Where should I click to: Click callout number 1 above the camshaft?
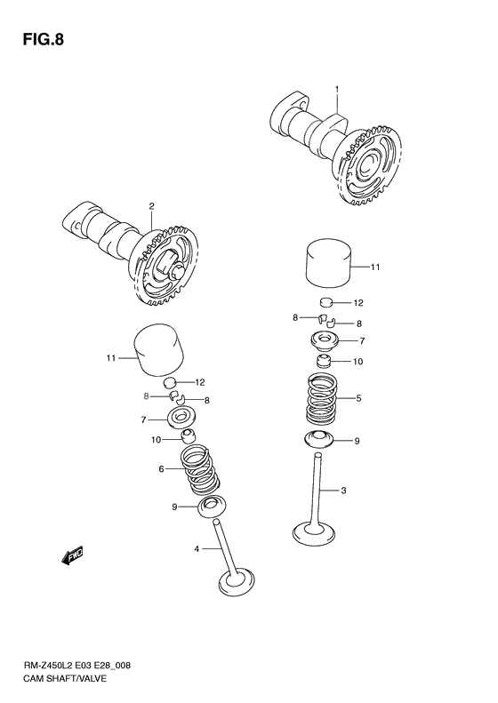pyautogui.click(x=337, y=89)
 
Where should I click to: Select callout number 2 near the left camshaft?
pyautogui.click(x=151, y=206)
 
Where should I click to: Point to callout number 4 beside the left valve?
pyautogui.click(x=197, y=548)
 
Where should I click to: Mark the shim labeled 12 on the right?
pyautogui.click(x=326, y=301)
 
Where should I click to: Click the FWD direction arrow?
pyautogui.click(x=72, y=556)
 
